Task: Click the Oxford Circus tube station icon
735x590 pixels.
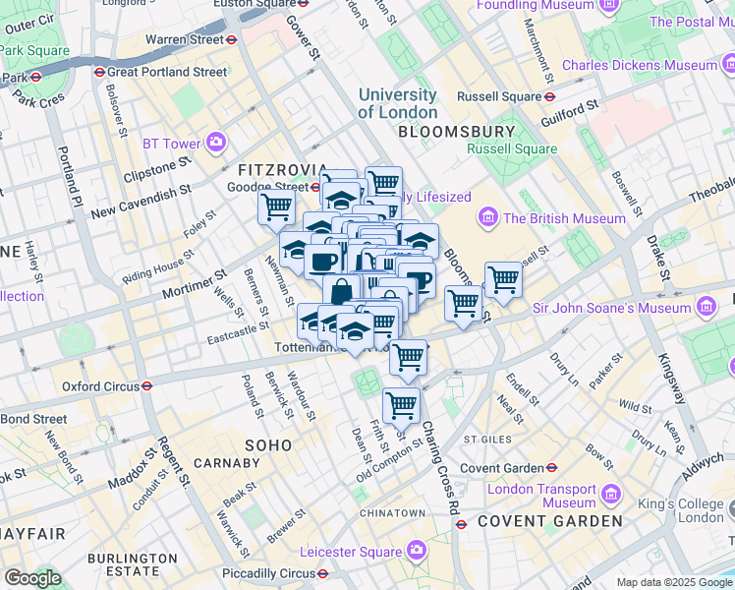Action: pyautogui.click(x=146, y=386)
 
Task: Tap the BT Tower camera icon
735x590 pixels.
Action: pyautogui.click(x=215, y=144)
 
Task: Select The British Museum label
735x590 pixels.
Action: pyautogui.click(x=565, y=218)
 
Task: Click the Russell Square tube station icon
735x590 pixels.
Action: pyautogui.click(x=550, y=97)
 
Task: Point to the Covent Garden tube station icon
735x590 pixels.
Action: pyautogui.click(x=552, y=468)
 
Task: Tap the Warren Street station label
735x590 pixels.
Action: pyautogui.click(x=185, y=40)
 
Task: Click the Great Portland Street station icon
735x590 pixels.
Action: pyautogui.click(x=99, y=72)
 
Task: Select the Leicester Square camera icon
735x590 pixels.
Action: pyautogui.click(x=417, y=549)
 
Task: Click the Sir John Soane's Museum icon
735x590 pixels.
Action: pyautogui.click(x=706, y=309)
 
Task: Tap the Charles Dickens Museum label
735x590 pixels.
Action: pyautogui.click(x=639, y=66)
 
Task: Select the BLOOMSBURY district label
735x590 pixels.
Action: pyautogui.click(x=456, y=132)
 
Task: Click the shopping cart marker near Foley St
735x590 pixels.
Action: pyautogui.click(x=277, y=206)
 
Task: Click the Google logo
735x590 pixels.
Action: pyautogui.click(x=32, y=578)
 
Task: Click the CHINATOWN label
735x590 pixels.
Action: pyautogui.click(x=392, y=513)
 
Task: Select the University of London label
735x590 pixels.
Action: pyautogui.click(x=397, y=103)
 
